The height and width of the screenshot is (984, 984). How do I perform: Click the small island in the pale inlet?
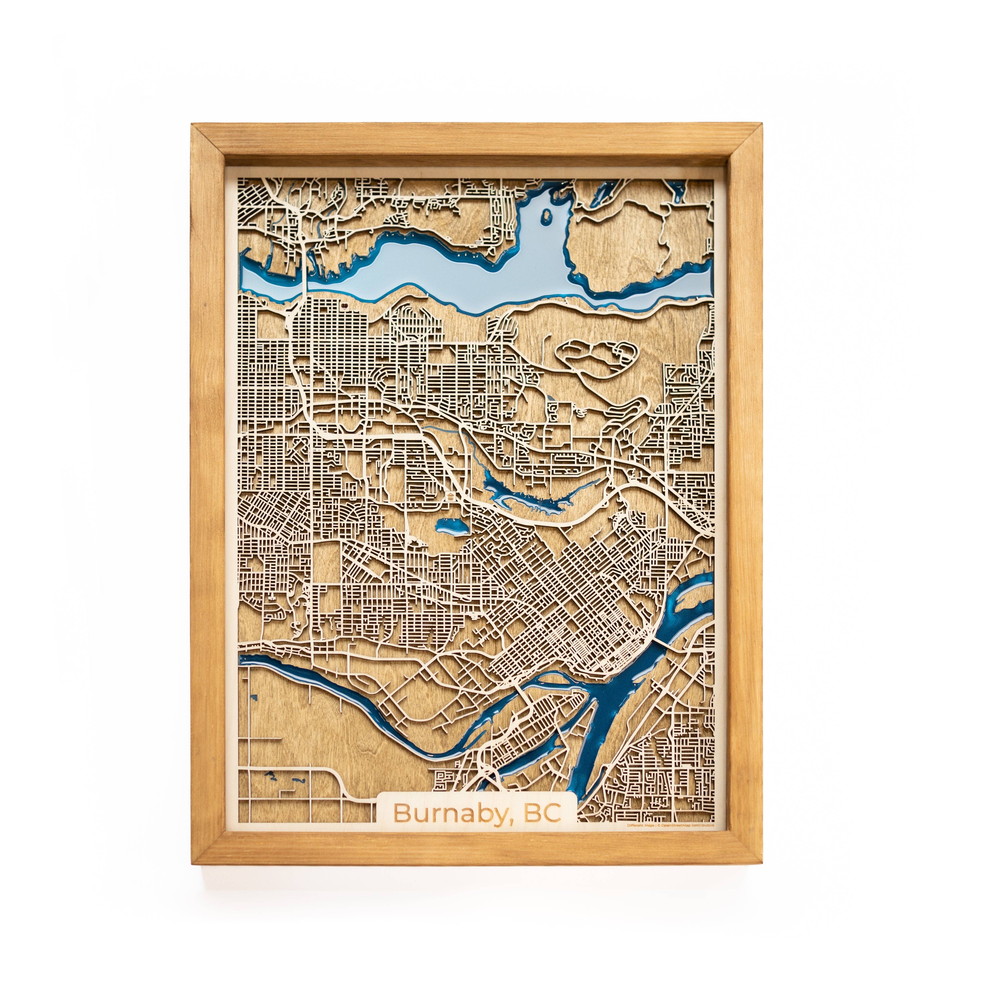546,217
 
